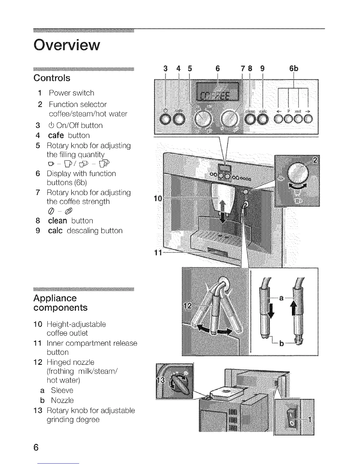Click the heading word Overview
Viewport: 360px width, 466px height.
click(x=67, y=45)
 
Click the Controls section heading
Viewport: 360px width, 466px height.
click(x=52, y=78)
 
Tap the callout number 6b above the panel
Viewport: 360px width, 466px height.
click(x=294, y=69)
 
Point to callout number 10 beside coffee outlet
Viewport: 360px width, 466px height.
click(x=158, y=199)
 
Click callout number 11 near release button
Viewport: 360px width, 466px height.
click(x=158, y=252)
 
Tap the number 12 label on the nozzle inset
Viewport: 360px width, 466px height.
click(x=188, y=306)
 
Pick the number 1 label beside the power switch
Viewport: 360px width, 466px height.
click(x=309, y=419)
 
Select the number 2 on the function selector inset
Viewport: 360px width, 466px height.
click(x=315, y=161)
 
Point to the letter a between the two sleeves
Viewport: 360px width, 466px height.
click(x=281, y=298)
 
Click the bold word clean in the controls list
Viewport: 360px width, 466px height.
click(x=58, y=221)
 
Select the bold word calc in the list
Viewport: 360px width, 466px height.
click(x=55, y=231)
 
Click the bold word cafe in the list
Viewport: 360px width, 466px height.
click(x=56, y=135)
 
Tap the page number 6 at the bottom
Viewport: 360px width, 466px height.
click(x=36, y=447)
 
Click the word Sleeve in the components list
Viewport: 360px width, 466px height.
click(x=62, y=390)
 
